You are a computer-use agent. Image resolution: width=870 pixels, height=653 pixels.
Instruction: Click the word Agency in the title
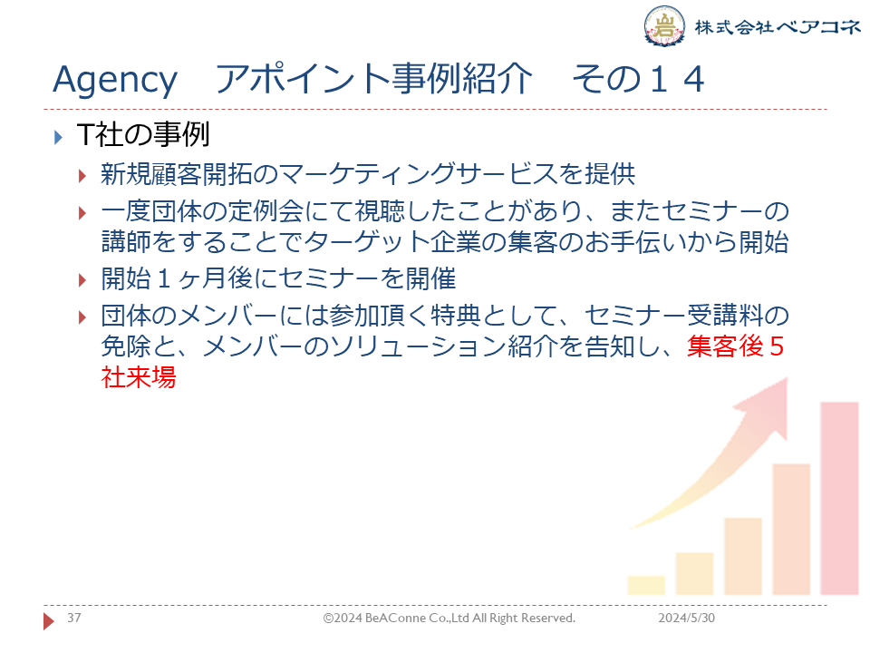[115, 81]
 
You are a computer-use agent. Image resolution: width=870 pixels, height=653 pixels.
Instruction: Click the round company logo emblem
[664, 25]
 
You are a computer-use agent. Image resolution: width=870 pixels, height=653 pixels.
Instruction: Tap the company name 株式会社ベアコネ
[778, 26]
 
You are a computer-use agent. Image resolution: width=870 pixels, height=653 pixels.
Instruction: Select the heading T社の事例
[143, 135]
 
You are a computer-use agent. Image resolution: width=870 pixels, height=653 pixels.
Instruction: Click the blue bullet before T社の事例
[58, 137]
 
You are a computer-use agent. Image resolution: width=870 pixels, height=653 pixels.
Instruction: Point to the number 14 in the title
[678, 79]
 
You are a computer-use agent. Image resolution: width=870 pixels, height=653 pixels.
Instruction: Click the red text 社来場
[139, 377]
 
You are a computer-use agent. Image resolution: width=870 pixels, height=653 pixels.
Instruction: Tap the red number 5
[777, 346]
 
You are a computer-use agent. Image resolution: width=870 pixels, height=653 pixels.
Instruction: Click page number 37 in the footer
[73, 618]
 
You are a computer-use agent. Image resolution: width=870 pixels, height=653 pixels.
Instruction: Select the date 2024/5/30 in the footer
[686, 618]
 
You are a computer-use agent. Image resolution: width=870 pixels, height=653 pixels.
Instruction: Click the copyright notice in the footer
[449, 618]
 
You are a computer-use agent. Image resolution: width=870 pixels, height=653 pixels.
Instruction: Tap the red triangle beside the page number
[49, 620]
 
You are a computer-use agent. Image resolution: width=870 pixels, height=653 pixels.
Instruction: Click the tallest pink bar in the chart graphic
[839, 498]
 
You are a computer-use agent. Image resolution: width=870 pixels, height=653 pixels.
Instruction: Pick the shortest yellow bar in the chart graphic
[646, 585]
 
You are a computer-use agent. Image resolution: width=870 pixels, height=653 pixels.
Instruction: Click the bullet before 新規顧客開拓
[82, 176]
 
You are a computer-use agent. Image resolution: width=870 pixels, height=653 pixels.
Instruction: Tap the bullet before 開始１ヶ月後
[82, 280]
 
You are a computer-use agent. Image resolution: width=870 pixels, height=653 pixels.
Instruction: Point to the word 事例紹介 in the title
[461, 78]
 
